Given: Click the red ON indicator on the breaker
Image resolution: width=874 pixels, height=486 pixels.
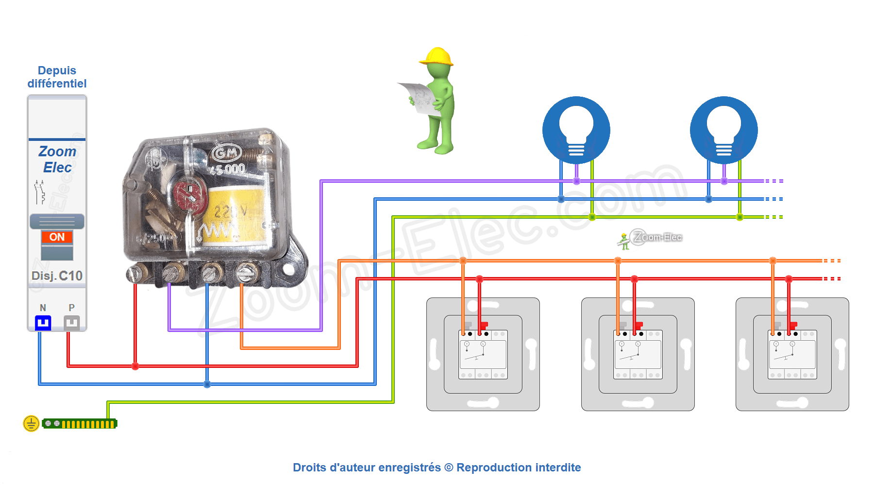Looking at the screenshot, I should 57,237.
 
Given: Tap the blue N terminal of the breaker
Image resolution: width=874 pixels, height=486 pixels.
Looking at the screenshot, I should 43,323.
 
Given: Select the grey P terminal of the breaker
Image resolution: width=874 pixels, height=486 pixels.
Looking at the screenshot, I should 72,323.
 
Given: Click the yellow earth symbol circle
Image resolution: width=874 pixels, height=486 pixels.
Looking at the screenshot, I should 31,424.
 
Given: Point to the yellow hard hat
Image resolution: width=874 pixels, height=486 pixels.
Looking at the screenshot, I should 437,56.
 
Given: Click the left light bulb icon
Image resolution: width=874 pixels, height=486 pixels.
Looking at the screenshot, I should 576,130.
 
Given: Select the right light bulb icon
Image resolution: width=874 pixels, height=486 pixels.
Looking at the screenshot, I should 723,130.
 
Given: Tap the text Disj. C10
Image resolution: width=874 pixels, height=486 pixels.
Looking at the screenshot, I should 57,276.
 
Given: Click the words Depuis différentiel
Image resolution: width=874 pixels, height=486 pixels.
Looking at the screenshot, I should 57,77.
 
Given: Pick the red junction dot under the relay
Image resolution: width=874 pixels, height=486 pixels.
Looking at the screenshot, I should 135,366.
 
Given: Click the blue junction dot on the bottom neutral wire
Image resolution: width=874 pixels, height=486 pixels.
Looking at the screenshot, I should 207,384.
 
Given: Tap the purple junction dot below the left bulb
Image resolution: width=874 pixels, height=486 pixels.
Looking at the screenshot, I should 576,181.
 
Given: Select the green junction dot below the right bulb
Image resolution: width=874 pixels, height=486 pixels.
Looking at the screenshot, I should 740,217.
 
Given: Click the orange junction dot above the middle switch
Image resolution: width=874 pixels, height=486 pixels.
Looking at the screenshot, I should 618,261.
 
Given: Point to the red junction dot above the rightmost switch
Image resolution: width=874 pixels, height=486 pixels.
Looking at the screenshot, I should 789,279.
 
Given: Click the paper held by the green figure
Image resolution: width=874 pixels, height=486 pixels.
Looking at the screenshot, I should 418,97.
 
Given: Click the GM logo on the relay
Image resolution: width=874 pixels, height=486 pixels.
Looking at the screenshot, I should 226,154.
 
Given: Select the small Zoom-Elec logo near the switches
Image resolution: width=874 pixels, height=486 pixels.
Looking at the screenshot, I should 651,238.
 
